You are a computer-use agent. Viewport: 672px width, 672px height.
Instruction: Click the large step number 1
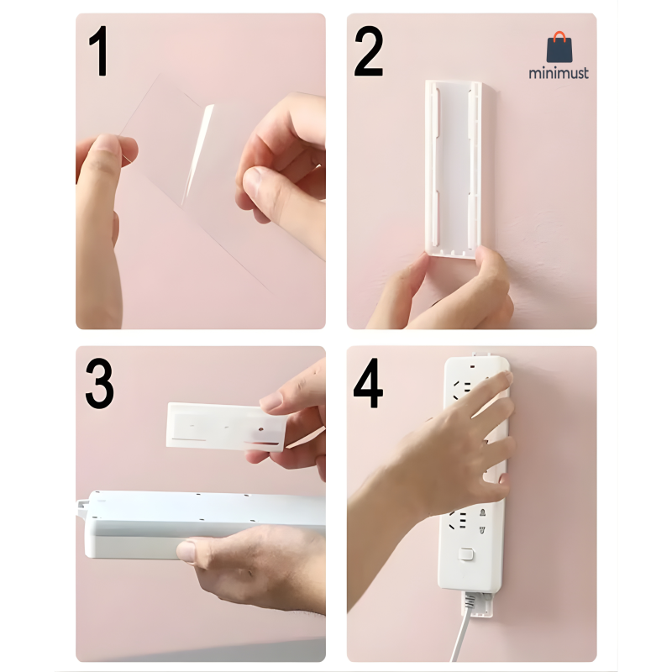coord(99,50)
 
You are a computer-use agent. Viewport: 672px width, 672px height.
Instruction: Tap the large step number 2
coord(368,50)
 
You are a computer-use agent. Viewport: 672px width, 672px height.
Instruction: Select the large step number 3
coord(99,384)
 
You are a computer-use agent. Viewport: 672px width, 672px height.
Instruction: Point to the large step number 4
coord(368,383)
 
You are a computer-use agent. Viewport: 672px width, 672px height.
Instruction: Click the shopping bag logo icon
coord(559,47)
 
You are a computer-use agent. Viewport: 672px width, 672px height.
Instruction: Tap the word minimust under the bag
coord(559,73)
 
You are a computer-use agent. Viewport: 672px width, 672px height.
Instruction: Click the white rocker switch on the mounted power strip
coord(466,554)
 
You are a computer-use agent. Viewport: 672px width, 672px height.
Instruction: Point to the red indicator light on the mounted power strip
coord(472,367)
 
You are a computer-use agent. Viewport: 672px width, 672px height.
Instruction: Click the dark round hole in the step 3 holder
coord(260,428)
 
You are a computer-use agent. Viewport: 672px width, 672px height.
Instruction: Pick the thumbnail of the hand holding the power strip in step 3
coord(186,551)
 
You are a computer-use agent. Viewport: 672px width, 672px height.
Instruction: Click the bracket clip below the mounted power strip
coord(477,604)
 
